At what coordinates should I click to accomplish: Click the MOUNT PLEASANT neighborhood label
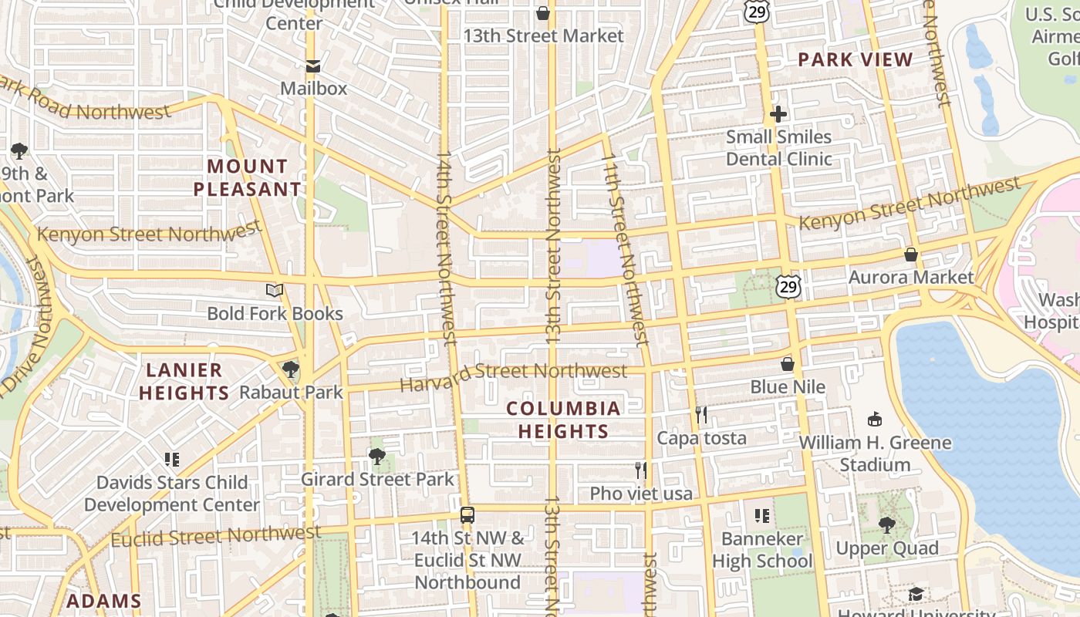pos(247,177)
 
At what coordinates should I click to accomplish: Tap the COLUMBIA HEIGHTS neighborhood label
pos(563,420)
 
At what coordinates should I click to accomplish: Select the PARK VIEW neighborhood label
pos(855,59)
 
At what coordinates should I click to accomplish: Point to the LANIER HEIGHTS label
pos(184,381)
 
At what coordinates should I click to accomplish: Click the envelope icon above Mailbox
pos(313,66)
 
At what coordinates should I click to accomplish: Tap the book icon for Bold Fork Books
pos(275,290)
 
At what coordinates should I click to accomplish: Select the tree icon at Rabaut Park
pos(291,369)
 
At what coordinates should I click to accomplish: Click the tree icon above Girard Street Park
pos(377,457)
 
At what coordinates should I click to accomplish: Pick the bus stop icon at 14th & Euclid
pos(467,515)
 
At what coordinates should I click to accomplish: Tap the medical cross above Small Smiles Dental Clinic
pos(778,115)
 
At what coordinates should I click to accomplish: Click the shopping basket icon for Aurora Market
pos(911,255)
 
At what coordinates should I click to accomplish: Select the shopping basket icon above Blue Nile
pos(788,364)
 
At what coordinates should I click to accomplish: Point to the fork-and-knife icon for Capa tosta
pos(700,415)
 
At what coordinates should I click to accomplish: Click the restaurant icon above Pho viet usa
pos(640,470)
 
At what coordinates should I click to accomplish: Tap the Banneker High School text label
pos(762,549)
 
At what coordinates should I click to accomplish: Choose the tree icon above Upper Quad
pos(887,525)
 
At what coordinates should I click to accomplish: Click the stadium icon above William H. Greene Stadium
pos(874,420)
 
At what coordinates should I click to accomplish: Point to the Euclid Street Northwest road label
pos(216,534)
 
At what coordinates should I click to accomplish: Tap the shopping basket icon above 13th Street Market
pos(543,13)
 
